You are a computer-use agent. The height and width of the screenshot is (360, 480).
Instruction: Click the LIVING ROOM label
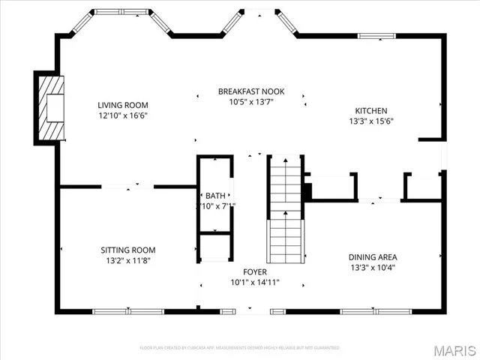pyautogui.click(x=123, y=105)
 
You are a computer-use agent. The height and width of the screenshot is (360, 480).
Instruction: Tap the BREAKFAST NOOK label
pyautogui.click(x=251, y=91)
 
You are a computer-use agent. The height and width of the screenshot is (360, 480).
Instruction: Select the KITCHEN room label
pyautogui.click(x=370, y=110)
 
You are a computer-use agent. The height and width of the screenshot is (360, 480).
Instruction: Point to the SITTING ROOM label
pyautogui.click(x=128, y=250)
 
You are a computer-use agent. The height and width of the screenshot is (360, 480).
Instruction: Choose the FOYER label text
pyautogui.click(x=254, y=271)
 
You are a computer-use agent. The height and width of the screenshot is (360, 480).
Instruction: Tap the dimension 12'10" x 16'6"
pyautogui.click(x=123, y=115)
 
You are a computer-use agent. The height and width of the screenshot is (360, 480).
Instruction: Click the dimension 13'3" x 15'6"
pyautogui.click(x=370, y=121)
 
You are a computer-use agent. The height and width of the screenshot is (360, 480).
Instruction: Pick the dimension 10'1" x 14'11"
pyautogui.click(x=254, y=282)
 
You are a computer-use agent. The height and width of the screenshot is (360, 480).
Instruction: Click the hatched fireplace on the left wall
pyautogui.click(x=50, y=108)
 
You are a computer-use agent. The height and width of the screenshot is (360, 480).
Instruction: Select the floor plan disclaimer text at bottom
pyautogui.click(x=239, y=347)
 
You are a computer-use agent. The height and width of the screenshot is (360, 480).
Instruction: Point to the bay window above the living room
pyautogui.click(x=119, y=13)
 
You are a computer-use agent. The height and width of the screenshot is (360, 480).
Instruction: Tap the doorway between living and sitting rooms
pyautogui.click(x=127, y=186)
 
